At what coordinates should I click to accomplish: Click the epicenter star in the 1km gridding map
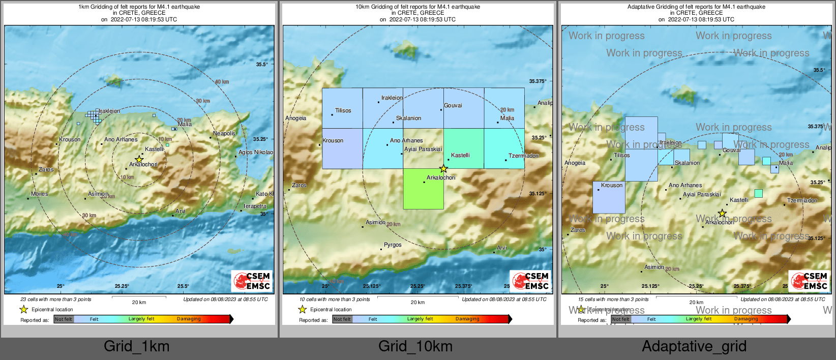pyautogui.click(x=139, y=159)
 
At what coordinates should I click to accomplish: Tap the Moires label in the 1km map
pyautogui.click(x=40, y=194)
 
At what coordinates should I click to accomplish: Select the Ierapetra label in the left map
pyautogui.click(x=255, y=206)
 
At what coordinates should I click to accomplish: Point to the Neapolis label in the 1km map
pyautogui.click(x=224, y=133)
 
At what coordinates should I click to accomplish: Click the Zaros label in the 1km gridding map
pyautogui.click(x=46, y=169)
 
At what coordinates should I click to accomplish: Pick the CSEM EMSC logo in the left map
pyautogui.click(x=252, y=281)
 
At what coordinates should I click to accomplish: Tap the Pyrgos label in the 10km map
pyautogui.click(x=393, y=245)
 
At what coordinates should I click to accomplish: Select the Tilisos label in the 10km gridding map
pyautogui.click(x=343, y=110)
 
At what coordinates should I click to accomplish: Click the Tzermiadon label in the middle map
pyautogui.click(x=523, y=156)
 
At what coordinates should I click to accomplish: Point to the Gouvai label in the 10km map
pyautogui.click(x=453, y=105)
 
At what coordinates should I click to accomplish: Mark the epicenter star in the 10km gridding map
pyautogui.click(x=443, y=168)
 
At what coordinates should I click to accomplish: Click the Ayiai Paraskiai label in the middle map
pyautogui.click(x=423, y=149)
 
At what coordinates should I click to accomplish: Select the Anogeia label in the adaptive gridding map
pyautogui.click(x=575, y=163)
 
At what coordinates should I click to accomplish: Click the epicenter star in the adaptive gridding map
pyautogui.click(x=722, y=213)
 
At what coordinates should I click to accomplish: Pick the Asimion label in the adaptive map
pyautogui.click(x=654, y=267)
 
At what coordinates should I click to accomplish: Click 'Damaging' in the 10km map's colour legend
pyautogui.click(x=467, y=319)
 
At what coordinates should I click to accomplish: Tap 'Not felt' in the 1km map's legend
pyautogui.click(x=64, y=319)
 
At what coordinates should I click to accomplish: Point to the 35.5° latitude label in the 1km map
pyautogui.click(x=262, y=65)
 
